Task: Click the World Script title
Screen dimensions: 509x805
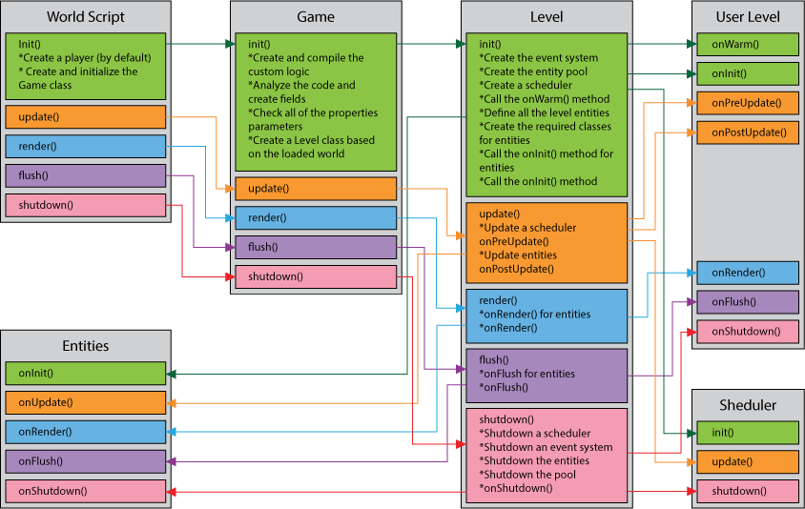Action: tap(86, 17)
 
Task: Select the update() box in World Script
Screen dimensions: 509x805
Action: tap(86, 117)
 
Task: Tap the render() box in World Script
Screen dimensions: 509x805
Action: tap(86, 147)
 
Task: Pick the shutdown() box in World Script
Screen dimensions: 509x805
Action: tap(86, 205)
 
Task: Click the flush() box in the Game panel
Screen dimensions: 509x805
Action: tap(316, 248)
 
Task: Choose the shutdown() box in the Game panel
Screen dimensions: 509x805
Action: tap(316, 277)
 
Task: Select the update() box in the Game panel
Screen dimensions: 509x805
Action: tap(316, 189)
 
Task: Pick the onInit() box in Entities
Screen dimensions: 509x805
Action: tap(86, 374)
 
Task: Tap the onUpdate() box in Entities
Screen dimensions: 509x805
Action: tap(86, 403)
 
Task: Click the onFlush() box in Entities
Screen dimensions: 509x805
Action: tap(86, 461)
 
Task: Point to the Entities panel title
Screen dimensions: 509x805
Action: tap(86, 346)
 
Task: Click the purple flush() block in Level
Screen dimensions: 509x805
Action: tap(547, 374)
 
